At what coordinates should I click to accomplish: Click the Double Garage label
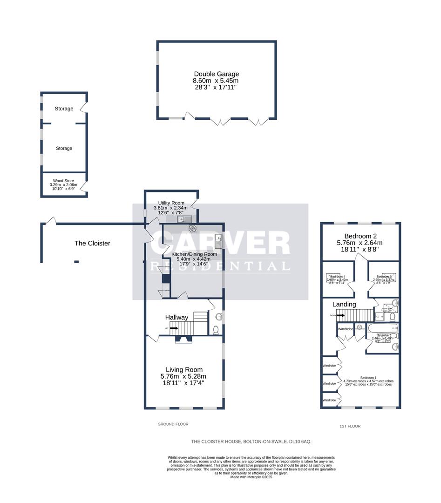(x=216, y=74)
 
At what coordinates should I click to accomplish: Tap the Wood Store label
(x=64, y=180)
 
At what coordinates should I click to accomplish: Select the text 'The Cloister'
(x=92, y=243)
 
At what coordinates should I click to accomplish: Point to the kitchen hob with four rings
(x=192, y=228)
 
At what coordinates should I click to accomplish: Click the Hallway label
(x=177, y=317)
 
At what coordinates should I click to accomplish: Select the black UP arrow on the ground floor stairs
(x=173, y=328)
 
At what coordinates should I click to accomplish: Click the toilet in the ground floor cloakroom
(x=216, y=330)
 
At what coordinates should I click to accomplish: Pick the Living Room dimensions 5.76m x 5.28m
(x=183, y=376)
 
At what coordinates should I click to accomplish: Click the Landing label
(x=344, y=304)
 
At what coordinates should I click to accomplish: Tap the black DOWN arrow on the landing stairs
(x=339, y=315)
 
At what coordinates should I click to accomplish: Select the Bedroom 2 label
(x=360, y=236)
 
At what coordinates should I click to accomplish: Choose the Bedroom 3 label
(x=383, y=277)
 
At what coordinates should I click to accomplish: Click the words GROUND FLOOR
(x=173, y=424)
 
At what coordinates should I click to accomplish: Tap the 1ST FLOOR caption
(x=350, y=426)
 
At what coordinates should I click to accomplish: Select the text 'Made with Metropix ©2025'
(x=251, y=477)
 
